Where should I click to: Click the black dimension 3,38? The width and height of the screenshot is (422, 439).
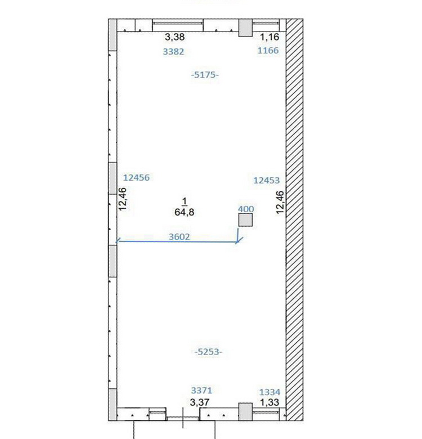click(x=174, y=37)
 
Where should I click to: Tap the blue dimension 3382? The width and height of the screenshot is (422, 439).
click(x=173, y=52)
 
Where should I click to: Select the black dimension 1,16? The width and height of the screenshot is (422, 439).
click(x=270, y=37)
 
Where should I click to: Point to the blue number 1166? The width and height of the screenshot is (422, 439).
click(x=268, y=51)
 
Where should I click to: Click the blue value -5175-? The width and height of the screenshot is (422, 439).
click(x=205, y=75)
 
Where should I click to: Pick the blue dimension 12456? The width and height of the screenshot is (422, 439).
click(x=137, y=177)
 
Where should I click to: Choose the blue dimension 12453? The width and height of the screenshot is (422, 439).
click(x=266, y=180)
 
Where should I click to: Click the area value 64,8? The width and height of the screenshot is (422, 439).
click(x=184, y=212)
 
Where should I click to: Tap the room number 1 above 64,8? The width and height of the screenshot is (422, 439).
click(x=184, y=201)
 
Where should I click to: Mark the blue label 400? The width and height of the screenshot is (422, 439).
click(x=246, y=209)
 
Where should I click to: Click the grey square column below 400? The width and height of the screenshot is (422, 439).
click(x=245, y=219)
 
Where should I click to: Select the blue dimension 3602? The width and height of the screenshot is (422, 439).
click(x=179, y=237)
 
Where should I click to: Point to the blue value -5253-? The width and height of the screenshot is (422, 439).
click(x=209, y=352)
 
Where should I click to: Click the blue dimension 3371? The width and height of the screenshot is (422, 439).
click(x=201, y=390)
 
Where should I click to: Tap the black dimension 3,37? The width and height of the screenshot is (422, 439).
click(x=200, y=402)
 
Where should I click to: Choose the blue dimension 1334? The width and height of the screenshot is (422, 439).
click(x=270, y=392)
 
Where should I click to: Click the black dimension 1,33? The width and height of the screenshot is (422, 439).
click(x=270, y=402)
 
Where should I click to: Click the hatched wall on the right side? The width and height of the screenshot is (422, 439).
click(x=294, y=219)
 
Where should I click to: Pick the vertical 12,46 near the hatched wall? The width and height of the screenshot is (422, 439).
click(x=280, y=203)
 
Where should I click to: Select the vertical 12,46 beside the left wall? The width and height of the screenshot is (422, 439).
click(x=123, y=199)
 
